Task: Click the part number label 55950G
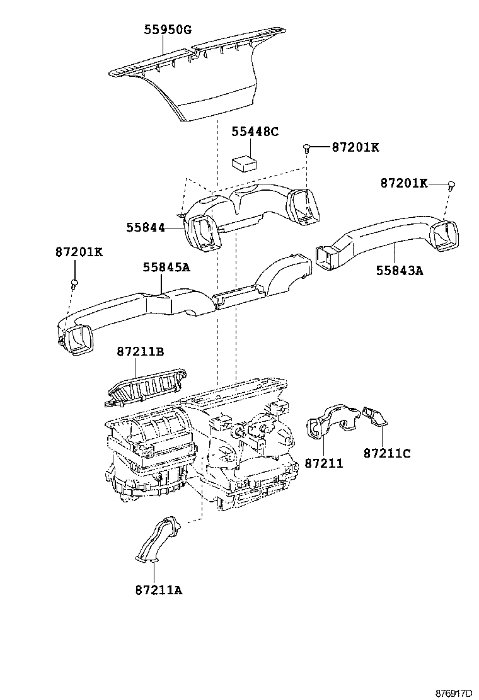[168, 30]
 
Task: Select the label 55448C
[255, 132]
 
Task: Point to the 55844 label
[145, 228]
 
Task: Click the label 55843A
[400, 270]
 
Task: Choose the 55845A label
[166, 267]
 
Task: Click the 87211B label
[141, 352]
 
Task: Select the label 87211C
[387, 453]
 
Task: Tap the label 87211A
[159, 590]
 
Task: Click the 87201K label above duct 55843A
[404, 183]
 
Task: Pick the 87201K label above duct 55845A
[79, 252]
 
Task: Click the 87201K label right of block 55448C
[355, 147]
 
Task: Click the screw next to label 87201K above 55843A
[451, 185]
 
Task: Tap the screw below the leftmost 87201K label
[74, 283]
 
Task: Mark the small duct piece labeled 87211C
[376, 416]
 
